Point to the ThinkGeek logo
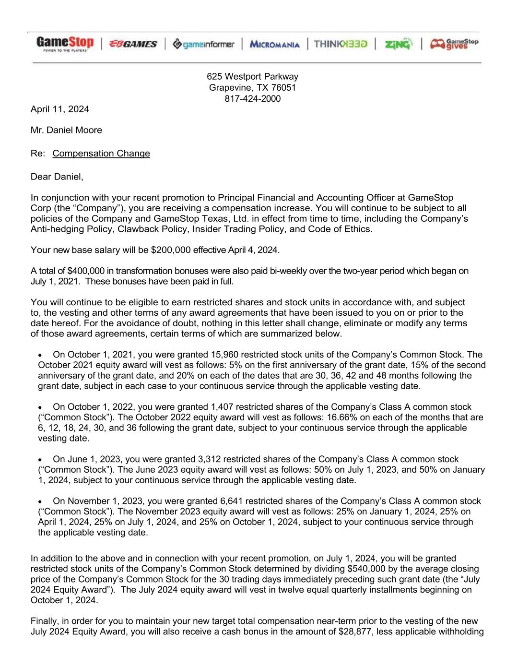tap(341, 44)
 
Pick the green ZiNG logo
tap(398, 44)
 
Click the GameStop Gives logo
tap(454, 44)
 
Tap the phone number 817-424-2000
tap(252, 99)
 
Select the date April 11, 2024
tap(59, 109)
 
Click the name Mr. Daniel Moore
tap(66, 130)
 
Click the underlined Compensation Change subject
tap(101, 154)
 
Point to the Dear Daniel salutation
tap(57, 177)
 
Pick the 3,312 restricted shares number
tap(208, 459)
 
